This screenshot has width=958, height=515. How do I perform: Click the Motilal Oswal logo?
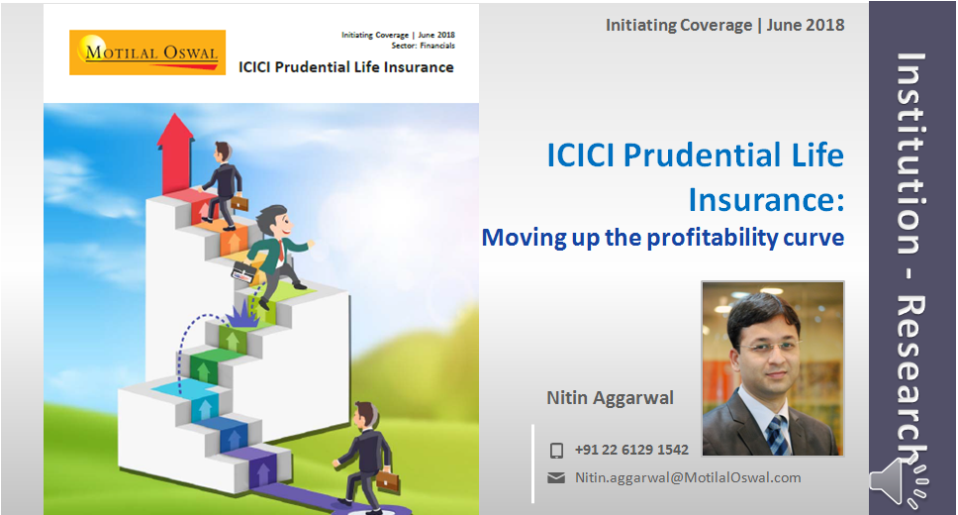[147, 52]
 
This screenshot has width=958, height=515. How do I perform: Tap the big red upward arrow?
[175, 153]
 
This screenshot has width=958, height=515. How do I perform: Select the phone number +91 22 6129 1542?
[631, 451]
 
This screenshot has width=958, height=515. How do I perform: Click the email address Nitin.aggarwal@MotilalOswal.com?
[688, 477]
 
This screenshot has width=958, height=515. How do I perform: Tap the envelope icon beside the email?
[556, 477]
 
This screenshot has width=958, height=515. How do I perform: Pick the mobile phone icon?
[556, 451]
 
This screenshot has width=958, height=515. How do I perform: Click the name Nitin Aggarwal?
[610, 397]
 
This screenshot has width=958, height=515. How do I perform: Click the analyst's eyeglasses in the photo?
[770, 348]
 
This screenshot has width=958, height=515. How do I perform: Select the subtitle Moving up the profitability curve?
[663, 238]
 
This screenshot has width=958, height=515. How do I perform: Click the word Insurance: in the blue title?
[766, 199]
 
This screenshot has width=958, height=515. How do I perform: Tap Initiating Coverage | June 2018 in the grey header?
[724, 25]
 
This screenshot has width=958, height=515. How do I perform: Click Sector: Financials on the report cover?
[423, 46]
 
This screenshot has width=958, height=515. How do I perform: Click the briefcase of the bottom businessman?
[387, 480]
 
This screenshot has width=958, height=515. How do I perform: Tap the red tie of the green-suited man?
[280, 252]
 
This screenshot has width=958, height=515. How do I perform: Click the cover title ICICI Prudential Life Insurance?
[345, 67]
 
